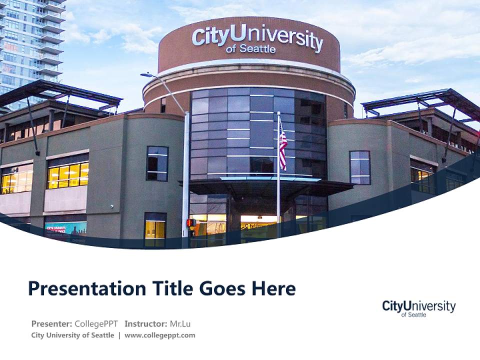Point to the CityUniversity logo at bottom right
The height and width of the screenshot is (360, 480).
(418, 308)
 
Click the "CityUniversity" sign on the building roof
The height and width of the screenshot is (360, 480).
(257, 37)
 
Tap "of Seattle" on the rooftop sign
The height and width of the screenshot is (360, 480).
(250, 49)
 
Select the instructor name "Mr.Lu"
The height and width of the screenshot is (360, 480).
(180, 323)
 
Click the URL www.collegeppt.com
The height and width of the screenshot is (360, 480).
(159, 335)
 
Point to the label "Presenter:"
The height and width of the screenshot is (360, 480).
(51, 323)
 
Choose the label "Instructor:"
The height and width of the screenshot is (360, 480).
(145, 323)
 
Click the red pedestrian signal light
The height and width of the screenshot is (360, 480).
(190, 222)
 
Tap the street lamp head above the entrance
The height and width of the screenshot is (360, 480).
(146, 75)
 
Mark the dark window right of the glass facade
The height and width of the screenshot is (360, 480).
(360, 167)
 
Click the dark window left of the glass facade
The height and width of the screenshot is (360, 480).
(157, 163)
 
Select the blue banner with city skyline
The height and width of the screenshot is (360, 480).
(65, 229)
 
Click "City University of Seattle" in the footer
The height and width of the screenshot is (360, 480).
(72, 335)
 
